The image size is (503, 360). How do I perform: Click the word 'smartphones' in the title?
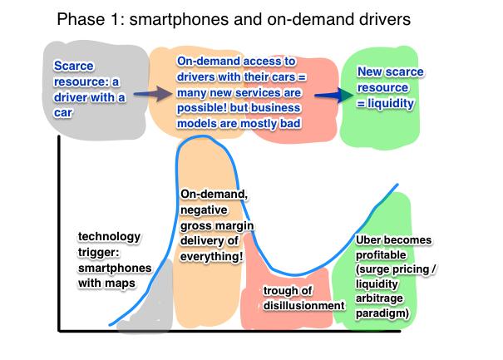[179, 20]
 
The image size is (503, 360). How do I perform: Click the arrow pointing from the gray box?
[153, 94]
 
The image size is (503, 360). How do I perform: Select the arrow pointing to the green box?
[333, 95]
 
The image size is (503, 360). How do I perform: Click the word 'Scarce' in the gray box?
[74, 66]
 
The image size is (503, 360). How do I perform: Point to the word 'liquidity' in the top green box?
[391, 103]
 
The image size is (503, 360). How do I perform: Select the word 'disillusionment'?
[303, 305]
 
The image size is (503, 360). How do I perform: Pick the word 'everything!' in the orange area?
[211, 256]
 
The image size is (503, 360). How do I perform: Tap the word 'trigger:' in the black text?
[98, 253]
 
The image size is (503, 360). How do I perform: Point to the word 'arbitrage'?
[379, 298]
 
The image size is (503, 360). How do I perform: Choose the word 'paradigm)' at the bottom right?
[382, 313]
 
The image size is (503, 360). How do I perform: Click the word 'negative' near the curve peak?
[204, 210]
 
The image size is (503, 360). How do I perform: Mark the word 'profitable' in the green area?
[381, 255]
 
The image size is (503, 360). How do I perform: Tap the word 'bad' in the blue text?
[290, 123]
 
